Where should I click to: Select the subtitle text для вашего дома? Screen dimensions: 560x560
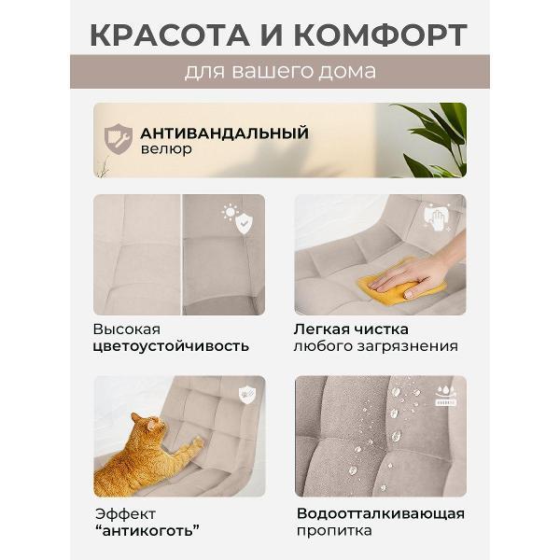(280, 72)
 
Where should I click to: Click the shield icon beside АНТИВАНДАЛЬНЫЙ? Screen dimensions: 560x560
(118, 138)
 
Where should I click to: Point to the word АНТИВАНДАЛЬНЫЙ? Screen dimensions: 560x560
(224, 132)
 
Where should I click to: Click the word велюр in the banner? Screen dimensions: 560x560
(166, 149)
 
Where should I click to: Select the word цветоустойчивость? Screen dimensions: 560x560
(171, 346)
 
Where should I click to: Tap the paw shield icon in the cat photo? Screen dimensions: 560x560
(246, 395)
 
